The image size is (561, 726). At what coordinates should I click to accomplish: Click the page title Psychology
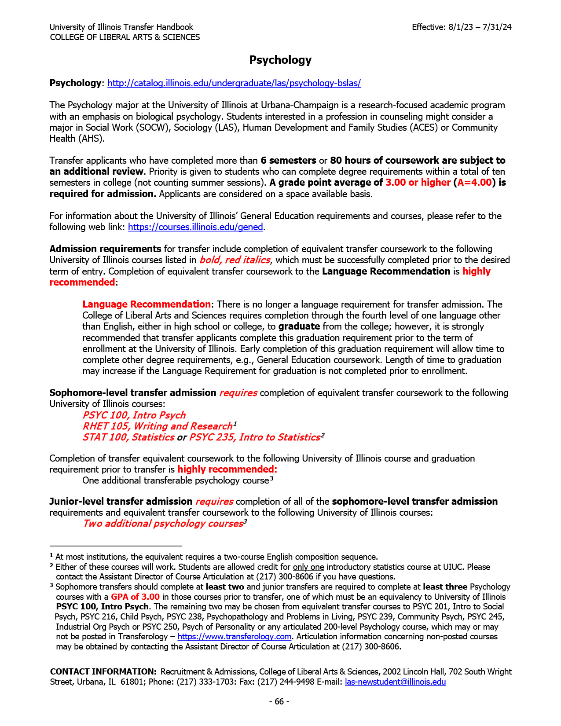(x=280, y=60)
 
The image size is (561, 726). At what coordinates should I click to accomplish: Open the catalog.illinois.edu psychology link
(x=234, y=83)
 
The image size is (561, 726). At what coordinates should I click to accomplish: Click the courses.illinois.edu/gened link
(x=195, y=227)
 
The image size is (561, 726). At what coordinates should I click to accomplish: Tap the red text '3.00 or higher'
(x=418, y=183)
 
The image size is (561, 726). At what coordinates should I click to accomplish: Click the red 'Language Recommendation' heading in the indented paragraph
(x=147, y=304)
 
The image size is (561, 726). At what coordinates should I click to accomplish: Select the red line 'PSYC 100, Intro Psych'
(x=134, y=415)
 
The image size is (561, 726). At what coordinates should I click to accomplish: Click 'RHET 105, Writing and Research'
(x=157, y=426)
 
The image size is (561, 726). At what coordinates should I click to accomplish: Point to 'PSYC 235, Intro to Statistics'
(x=254, y=437)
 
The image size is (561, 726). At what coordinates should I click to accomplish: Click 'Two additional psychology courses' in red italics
(x=163, y=524)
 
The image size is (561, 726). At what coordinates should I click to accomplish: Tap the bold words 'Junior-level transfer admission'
(x=121, y=502)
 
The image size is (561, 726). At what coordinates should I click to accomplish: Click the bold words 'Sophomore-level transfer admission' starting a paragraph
(x=132, y=393)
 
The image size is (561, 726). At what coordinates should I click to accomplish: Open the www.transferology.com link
(x=234, y=637)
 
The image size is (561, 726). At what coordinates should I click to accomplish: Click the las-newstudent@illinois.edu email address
(x=395, y=682)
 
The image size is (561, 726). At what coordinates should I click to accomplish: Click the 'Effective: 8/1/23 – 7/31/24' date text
(x=462, y=27)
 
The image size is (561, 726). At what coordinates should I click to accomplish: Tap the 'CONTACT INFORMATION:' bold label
(x=103, y=672)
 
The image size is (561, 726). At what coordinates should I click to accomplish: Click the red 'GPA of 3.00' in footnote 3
(x=135, y=597)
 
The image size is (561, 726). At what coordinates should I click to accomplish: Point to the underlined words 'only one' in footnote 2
(x=308, y=567)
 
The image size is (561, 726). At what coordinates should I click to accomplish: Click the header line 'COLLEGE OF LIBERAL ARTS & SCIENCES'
(x=125, y=37)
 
